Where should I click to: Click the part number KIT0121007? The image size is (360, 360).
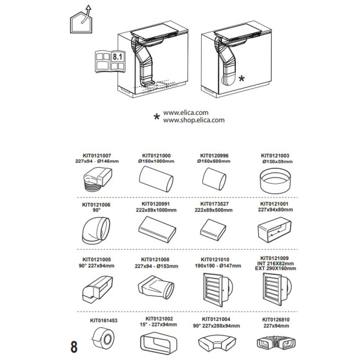click(97, 156)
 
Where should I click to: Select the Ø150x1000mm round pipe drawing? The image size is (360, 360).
click(156, 179)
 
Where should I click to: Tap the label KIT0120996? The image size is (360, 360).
click(214, 156)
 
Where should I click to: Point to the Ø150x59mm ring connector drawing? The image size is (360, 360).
click(276, 181)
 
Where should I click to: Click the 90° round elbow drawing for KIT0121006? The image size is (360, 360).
click(96, 230)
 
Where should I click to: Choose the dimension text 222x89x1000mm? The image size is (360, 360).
click(156, 210)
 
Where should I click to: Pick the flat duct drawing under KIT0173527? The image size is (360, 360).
click(213, 230)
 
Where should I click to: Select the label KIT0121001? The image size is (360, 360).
click(274, 204)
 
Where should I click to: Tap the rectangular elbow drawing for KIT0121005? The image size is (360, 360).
click(97, 289)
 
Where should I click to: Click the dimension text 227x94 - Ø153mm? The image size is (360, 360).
click(156, 266)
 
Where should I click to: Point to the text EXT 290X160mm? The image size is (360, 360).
click(276, 268)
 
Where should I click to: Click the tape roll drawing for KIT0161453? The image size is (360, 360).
click(103, 338)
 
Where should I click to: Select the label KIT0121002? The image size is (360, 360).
click(159, 319)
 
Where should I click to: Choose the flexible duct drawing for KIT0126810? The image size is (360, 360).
click(276, 343)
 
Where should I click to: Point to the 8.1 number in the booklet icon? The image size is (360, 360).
click(117, 56)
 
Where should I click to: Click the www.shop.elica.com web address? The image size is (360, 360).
click(194, 120)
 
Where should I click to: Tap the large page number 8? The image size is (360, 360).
click(74, 346)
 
